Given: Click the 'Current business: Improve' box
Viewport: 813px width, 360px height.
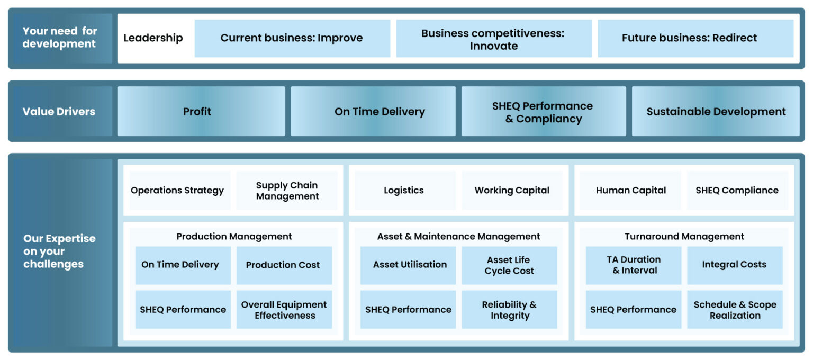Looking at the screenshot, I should tap(292, 38).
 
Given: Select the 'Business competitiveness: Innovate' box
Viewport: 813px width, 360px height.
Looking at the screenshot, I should tap(493, 39).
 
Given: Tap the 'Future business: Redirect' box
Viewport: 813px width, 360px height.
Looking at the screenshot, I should tap(695, 38).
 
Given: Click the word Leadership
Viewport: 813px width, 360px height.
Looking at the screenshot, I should tap(153, 38).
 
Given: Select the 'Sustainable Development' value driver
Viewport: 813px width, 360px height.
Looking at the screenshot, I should tap(716, 111).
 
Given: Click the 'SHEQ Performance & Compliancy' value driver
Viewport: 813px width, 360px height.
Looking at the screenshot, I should tap(543, 112).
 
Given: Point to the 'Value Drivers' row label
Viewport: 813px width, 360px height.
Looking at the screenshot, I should tap(59, 111).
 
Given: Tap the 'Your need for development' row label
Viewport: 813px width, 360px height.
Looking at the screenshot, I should tap(59, 38).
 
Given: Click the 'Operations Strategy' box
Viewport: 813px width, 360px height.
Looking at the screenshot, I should tap(178, 191).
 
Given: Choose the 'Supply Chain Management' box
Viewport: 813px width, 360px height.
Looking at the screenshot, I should tap(287, 191).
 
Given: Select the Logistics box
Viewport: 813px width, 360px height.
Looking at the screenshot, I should tap(404, 191).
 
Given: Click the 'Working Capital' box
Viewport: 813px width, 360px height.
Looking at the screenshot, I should tap(512, 191).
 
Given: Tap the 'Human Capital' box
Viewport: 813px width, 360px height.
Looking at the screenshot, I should tap(630, 191).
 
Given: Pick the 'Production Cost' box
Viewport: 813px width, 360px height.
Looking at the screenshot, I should tap(283, 265).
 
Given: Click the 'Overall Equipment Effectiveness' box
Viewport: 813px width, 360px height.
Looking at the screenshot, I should tap(284, 310).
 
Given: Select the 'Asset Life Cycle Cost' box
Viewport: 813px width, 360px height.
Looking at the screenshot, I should tap(509, 265).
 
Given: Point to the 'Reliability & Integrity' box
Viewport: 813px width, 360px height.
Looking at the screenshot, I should tap(509, 310).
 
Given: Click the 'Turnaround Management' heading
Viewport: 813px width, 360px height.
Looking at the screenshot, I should tap(684, 237).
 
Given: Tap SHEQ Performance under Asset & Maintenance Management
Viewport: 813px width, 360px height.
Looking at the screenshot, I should tap(408, 310).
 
